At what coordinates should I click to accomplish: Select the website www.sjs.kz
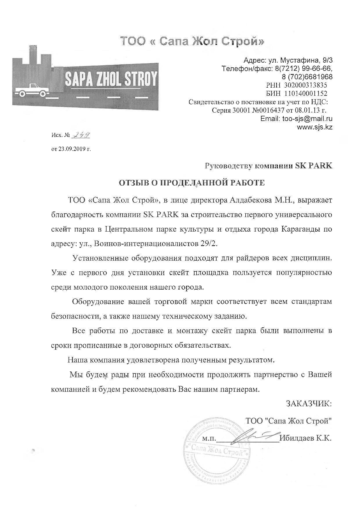tap(315, 127)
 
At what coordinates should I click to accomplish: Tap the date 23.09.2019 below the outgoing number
tap(71, 149)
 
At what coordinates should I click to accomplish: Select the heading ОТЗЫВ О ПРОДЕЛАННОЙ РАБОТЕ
tap(192, 183)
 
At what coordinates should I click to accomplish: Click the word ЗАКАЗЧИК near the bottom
tap(309, 404)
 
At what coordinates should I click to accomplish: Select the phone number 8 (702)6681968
tap(307, 77)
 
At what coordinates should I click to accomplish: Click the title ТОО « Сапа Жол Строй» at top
tap(192, 41)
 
